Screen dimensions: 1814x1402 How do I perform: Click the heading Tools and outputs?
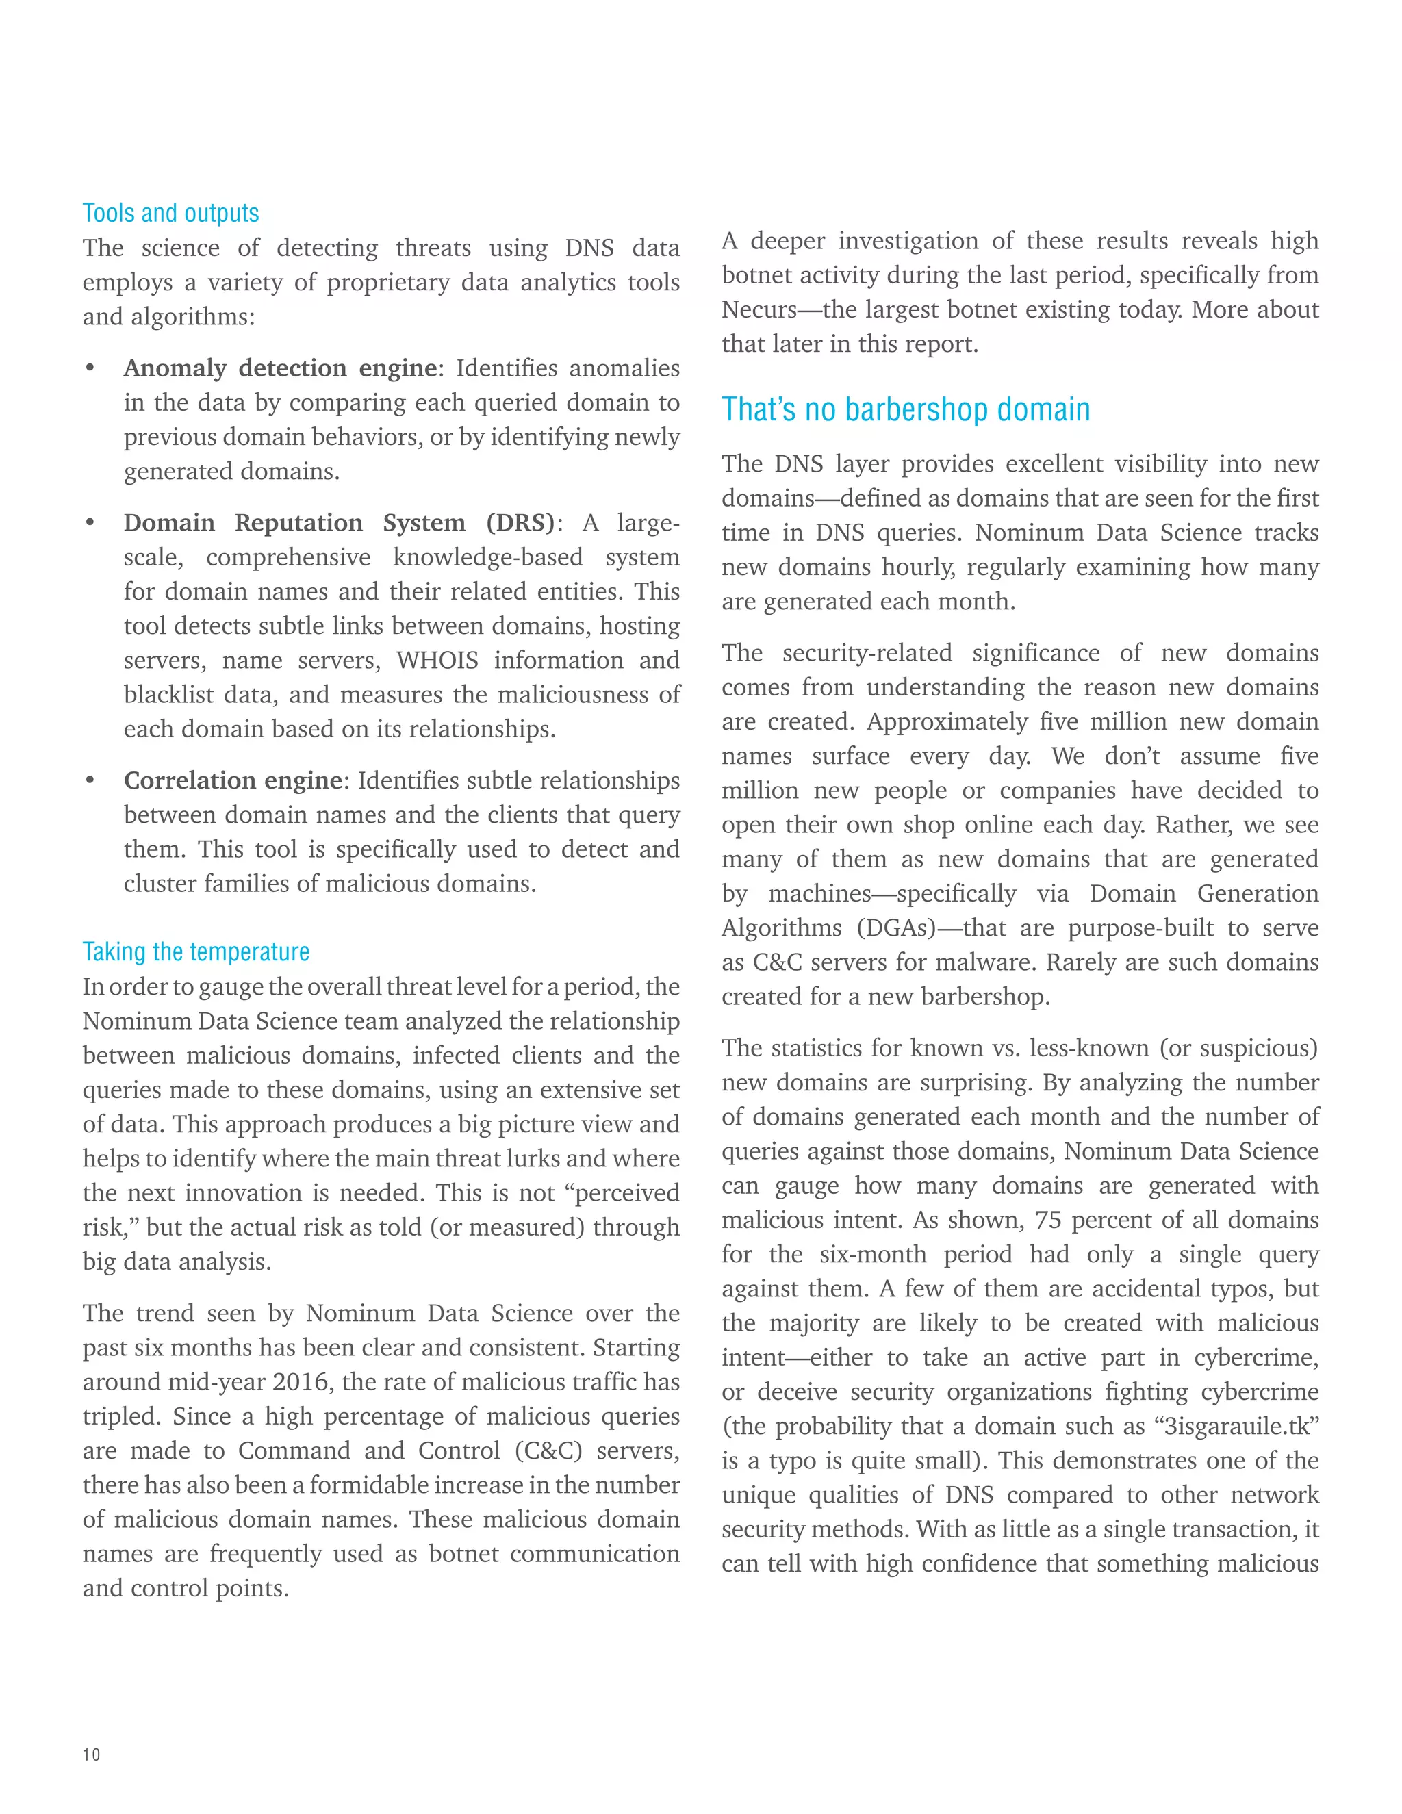coord(170,214)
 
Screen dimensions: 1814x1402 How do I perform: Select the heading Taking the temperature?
coord(196,952)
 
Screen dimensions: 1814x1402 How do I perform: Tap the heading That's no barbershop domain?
coord(905,409)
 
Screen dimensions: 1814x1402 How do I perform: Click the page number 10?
coord(91,1754)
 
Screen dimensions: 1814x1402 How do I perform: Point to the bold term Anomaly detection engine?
coord(281,368)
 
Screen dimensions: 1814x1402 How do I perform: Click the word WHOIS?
coord(437,661)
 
